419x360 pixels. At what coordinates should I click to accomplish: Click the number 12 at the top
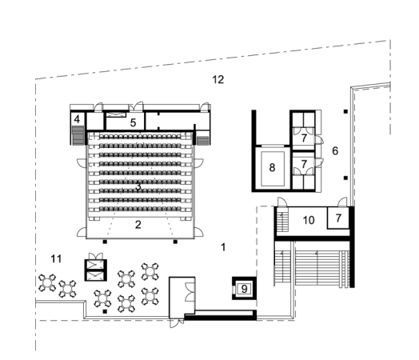point(217,78)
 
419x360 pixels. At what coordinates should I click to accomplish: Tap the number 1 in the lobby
point(223,247)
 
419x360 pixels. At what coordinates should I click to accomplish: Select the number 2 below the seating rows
point(138,225)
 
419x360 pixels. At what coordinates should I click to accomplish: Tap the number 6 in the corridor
point(335,150)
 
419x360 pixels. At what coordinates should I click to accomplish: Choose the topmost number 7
point(305,136)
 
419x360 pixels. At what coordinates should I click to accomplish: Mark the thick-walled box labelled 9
point(245,286)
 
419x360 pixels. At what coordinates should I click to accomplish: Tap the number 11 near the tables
point(56,258)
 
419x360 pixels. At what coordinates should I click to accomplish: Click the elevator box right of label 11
point(95,269)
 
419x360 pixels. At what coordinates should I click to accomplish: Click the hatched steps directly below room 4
point(78,138)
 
